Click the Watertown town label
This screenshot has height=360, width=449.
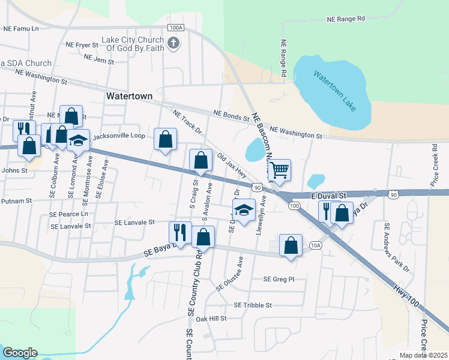(x=129, y=96)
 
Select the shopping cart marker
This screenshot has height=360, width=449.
(x=279, y=170)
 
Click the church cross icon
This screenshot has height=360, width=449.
(x=173, y=43)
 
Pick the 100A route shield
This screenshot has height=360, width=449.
(x=176, y=28)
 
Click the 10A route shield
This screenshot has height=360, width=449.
(x=316, y=245)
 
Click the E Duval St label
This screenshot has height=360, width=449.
(x=329, y=196)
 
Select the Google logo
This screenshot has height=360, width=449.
(x=20, y=353)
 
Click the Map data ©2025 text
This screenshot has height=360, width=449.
(x=423, y=355)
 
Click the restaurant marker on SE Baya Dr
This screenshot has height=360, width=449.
(x=180, y=232)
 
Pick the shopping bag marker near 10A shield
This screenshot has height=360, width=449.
(x=291, y=245)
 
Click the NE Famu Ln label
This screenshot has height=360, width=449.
(x=20, y=28)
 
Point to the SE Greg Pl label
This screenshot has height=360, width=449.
(x=279, y=279)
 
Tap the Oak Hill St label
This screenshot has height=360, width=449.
(x=209, y=319)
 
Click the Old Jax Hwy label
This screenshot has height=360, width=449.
(x=232, y=164)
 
